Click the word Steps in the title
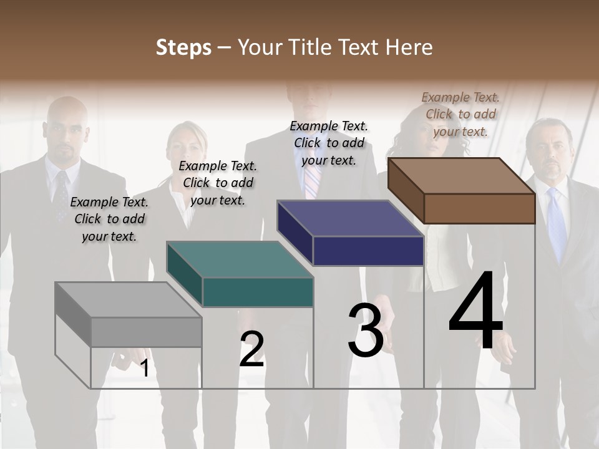pyautogui.click(x=183, y=47)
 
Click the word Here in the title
pyautogui.click(x=409, y=47)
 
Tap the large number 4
pyautogui.click(x=476, y=312)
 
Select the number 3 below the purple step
pyautogui.click(x=366, y=331)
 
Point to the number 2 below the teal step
pyautogui.click(x=252, y=349)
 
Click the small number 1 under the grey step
pyautogui.click(x=145, y=369)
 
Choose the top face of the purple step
pyautogui.click(x=349, y=218)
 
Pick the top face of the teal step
pyautogui.click(x=239, y=259)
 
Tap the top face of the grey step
pyautogui.click(x=128, y=300)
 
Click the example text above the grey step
pyautogui.click(x=109, y=219)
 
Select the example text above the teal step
pyautogui.click(x=218, y=183)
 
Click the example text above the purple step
pyautogui.click(x=329, y=143)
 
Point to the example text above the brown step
pyautogui.click(x=460, y=114)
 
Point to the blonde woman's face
pyautogui.click(x=187, y=150)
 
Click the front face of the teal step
pyautogui.click(x=258, y=292)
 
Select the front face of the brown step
pyautogui.click(x=479, y=208)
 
